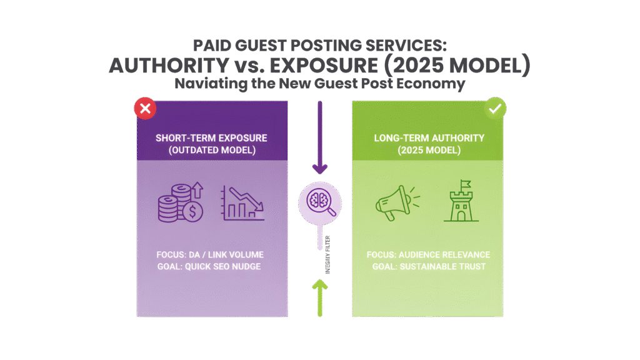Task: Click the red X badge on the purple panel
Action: (145, 109)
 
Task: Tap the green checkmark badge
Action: (496, 109)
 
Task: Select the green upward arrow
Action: (319, 297)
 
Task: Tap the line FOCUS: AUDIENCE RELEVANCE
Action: (428, 255)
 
